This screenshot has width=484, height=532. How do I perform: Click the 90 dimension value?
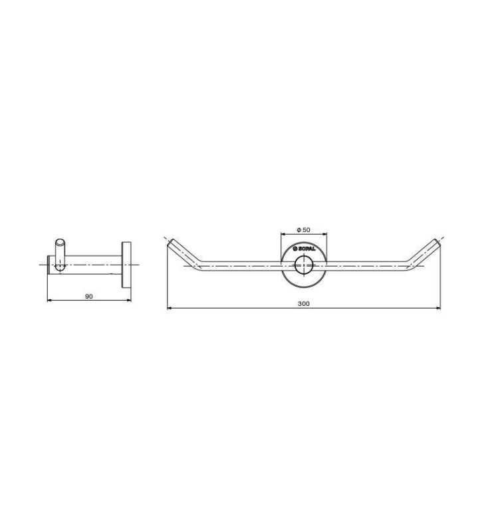[88, 297]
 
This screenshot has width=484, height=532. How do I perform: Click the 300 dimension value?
[304, 304]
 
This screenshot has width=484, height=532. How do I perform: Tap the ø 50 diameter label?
[303, 229]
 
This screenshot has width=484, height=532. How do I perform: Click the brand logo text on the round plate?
[304, 249]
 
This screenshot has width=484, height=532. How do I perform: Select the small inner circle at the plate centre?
[304, 265]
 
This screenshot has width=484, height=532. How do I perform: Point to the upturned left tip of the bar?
[172, 242]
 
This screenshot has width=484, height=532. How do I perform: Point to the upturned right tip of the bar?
[437, 242]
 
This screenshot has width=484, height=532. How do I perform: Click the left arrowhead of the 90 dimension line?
[49, 300]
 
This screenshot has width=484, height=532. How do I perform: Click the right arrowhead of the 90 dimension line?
[128, 300]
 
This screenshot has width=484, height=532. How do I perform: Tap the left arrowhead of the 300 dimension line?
[170, 308]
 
